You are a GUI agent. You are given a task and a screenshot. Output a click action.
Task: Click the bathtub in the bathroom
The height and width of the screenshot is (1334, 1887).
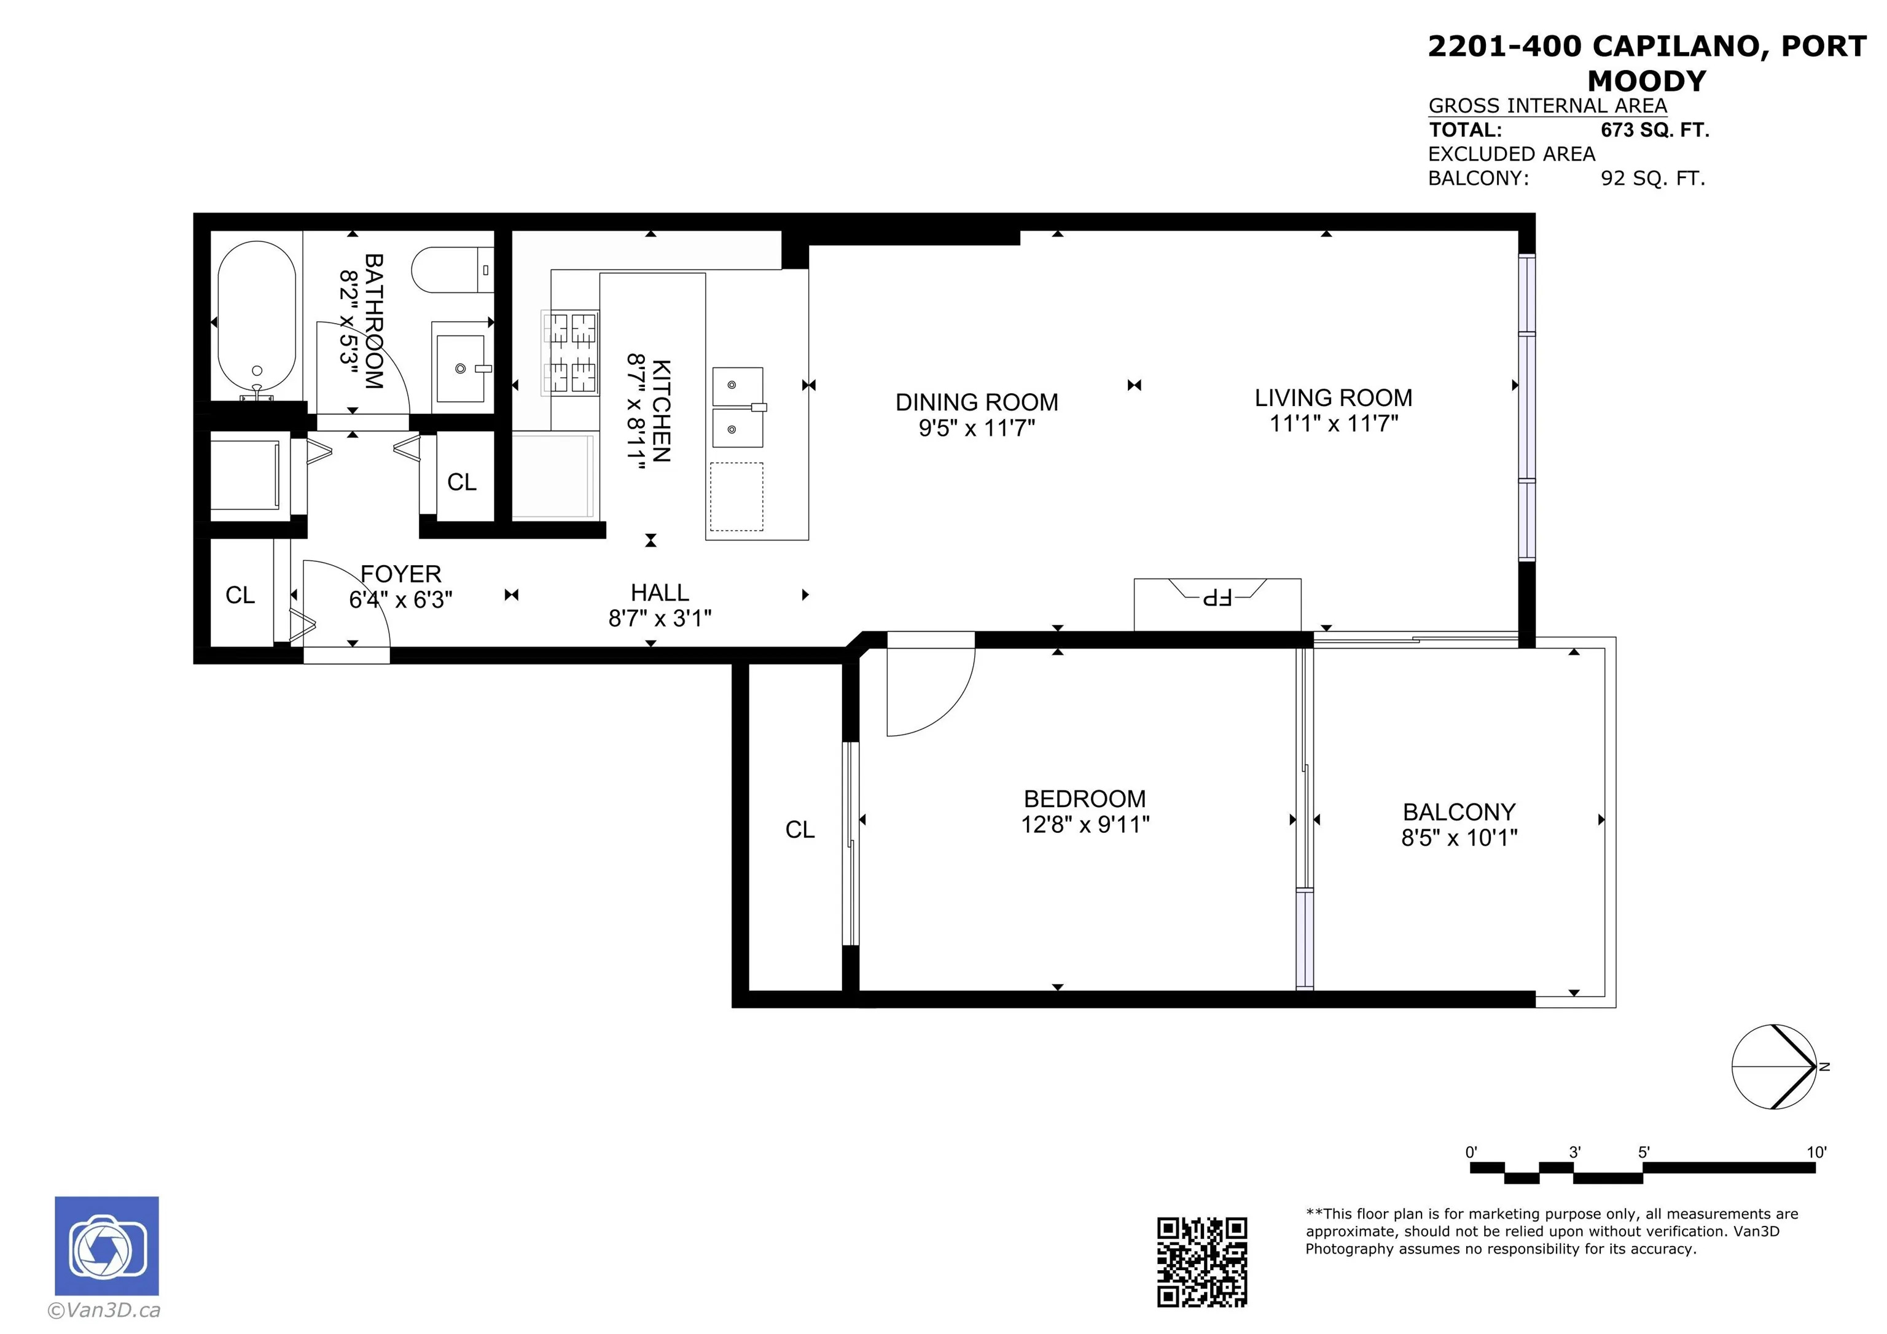pyautogui.click(x=256, y=321)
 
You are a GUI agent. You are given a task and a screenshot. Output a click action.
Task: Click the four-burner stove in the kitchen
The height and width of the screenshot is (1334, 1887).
pyautogui.click(x=569, y=352)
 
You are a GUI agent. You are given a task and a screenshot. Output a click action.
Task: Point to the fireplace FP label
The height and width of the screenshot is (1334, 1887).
pyautogui.click(x=1217, y=598)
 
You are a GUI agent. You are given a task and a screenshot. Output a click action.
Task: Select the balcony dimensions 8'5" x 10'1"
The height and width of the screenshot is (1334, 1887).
pyautogui.click(x=1459, y=838)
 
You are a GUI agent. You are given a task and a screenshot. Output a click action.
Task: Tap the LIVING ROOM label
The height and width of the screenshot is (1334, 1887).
pyautogui.click(x=1333, y=398)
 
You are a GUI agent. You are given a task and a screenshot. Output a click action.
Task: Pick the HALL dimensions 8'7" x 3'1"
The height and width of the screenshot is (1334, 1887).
pyautogui.click(x=660, y=618)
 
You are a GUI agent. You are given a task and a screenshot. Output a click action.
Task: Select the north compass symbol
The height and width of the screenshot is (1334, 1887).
pyautogui.click(x=1775, y=1067)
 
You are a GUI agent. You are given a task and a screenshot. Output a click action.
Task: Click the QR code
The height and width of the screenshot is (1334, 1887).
pyautogui.click(x=1201, y=1262)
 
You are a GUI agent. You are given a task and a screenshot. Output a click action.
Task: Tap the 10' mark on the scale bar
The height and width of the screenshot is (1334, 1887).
pyautogui.click(x=1816, y=1152)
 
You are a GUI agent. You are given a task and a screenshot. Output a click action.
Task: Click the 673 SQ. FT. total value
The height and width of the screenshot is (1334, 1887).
pyautogui.click(x=1654, y=130)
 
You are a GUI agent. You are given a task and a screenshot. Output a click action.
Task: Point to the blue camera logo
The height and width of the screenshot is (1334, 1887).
pyautogui.click(x=107, y=1246)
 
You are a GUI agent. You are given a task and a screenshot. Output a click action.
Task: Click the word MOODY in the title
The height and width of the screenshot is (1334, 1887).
pyautogui.click(x=1646, y=81)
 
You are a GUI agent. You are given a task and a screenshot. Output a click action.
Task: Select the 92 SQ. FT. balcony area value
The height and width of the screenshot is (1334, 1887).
pyautogui.click(x=1653, y=178)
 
